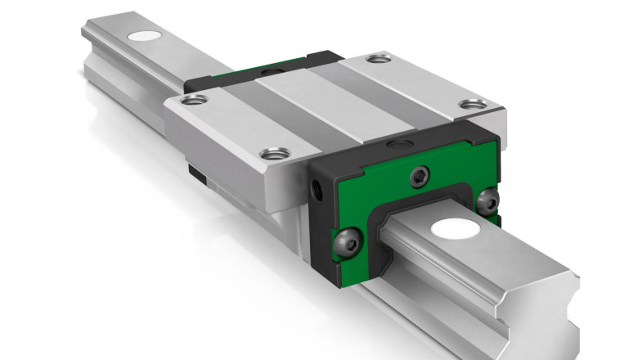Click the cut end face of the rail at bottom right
pos(564,319)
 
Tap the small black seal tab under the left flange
pos(195,173)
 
